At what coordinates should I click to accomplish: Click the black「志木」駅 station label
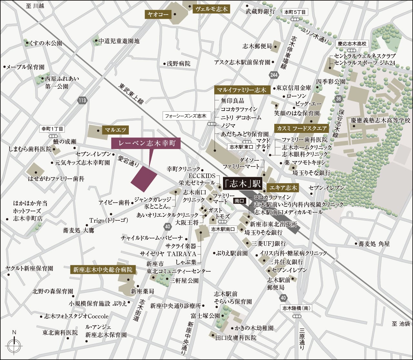pos(242,184)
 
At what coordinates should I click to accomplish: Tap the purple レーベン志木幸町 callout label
pos(146,144)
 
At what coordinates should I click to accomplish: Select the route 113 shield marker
pos(82,100)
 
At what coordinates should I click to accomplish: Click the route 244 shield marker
pos(274,75)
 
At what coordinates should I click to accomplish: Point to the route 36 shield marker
pos(338,99)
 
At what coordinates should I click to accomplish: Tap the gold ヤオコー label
pos(158,15)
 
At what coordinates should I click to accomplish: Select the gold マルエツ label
pos(116,130)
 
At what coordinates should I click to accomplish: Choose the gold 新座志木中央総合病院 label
pos(103,270)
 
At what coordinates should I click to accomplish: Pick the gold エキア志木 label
pos(283,188)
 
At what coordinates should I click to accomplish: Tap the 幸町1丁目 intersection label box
pos(52,129)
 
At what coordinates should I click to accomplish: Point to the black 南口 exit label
pos(239,201)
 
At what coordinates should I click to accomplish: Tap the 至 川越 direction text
pos(35,6)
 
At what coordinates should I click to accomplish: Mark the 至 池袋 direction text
pos(401,324)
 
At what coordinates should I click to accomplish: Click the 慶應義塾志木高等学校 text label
pos(380,121)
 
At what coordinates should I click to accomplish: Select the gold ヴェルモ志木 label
pos(211,9)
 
